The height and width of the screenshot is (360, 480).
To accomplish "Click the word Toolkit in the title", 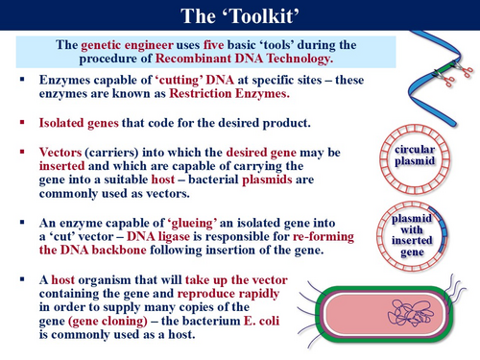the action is point(262,15).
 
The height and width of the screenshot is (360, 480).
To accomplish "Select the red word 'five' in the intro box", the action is point(213,45).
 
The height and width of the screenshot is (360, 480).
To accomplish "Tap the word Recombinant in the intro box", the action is point(194,59).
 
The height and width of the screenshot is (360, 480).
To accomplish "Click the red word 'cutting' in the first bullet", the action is point(179,80).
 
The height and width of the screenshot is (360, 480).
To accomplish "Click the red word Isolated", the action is point(61,123).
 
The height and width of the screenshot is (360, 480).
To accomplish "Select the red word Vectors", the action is point(60,153).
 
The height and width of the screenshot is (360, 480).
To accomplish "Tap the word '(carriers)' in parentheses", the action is point(111,153).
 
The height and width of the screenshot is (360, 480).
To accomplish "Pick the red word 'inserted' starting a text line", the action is point(61,166).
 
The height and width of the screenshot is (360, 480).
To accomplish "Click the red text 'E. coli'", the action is point(261,321).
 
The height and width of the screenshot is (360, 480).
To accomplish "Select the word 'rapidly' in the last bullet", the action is point(259,294).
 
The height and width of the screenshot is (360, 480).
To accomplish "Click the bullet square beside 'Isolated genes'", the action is point(22,122).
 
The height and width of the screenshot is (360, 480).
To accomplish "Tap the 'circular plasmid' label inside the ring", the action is point(415,156).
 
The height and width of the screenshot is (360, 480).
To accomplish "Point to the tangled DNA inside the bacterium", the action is point(411,313).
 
